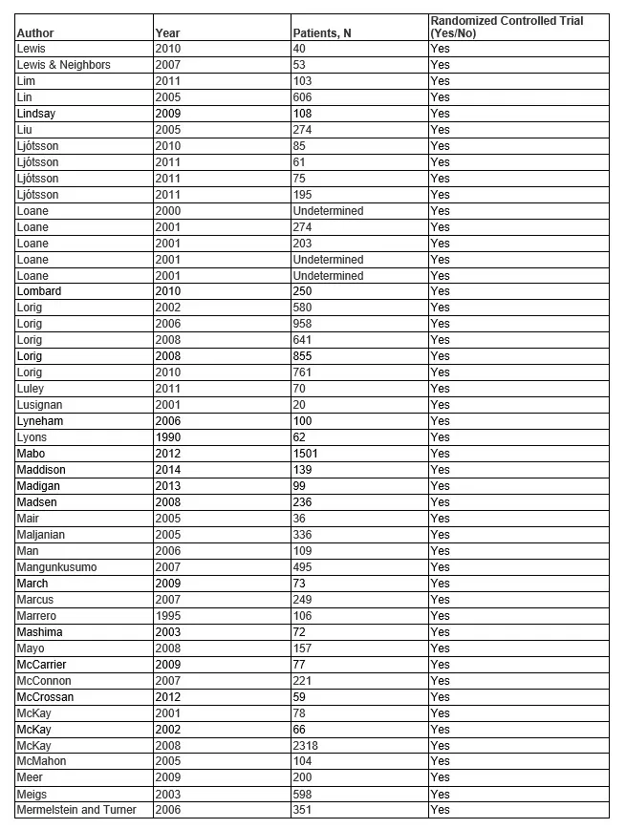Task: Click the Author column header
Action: (35, 33)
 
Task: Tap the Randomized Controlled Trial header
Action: (507, 27)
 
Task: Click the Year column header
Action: (167, 33)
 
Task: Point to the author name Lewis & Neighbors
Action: (63, 65)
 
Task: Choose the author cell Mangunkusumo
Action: (56, 567)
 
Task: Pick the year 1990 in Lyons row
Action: (167, 437)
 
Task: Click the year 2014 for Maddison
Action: (167, 470)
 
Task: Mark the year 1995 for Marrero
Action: (167, 616)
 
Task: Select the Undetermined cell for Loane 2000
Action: (328, 210)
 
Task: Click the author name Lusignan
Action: (44, 405)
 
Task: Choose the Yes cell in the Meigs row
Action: (440, 794)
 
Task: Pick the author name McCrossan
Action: (45, 696)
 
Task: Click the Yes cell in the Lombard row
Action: (440, 291)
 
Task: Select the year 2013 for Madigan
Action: (167, 486)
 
